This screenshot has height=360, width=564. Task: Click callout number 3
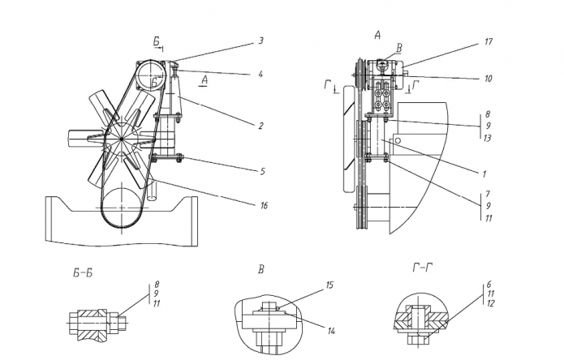tap(260, 41)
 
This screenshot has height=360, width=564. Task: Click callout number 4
tap(260, 75)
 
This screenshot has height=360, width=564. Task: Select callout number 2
tap(260, 126)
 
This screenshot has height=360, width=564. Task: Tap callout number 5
tap(263, 172)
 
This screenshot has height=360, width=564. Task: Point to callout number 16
tap(264, 205)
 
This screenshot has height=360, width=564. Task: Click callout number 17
tap(488, 42)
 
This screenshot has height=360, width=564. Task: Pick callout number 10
tap(488, 79)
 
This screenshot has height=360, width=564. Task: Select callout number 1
tap(484, 174)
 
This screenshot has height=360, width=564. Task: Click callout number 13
tap(488, 138)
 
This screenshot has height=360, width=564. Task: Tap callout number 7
tap(488, 194)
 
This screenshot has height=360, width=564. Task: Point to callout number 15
tap(329, 285)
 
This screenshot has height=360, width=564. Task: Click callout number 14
tap(331, 331)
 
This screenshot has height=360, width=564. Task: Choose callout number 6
tap(489, 285)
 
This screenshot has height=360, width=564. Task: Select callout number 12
tap(490, 303)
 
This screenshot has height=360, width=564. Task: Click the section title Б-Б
tap(83, 273)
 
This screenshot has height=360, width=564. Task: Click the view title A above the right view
tap(377, 35)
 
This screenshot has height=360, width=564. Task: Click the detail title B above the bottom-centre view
tap(260, 269)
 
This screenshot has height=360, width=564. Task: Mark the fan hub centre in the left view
tap(122, 139)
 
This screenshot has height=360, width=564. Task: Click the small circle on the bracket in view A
tap(398, 141)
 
